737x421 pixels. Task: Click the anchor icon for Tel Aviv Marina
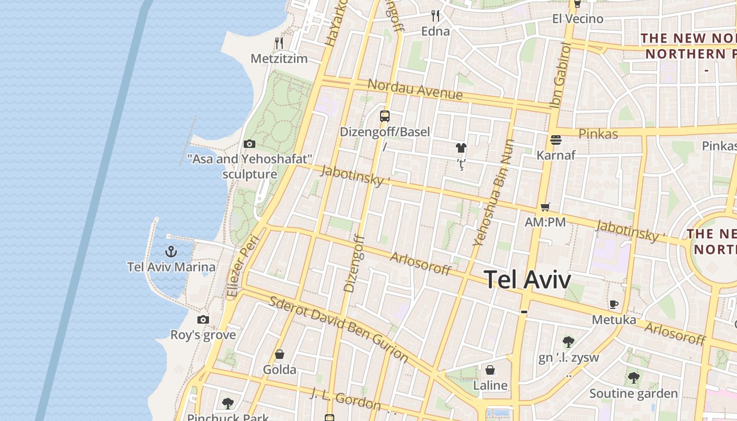(171, 251)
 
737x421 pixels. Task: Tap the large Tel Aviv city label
(527, 279)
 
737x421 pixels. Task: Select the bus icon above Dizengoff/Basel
(385, 116)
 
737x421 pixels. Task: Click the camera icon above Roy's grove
(203, 319)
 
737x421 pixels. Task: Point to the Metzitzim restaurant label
(279, 58)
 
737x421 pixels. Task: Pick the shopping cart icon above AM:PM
(545, 207)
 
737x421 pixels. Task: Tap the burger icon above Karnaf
(556, 140)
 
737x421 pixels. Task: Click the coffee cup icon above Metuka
(613, 304)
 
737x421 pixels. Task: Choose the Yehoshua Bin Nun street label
(493, 193)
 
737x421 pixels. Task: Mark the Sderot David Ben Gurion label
(338, 329)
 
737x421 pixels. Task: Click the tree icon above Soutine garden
(633, 377)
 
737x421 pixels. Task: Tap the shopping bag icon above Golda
(280, 354)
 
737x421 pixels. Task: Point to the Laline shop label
(490, 386)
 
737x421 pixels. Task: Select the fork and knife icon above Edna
(435, 15)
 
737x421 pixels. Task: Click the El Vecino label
(577, 19)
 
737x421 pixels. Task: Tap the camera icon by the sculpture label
(250, 144)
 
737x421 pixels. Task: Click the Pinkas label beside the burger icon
(598, 134)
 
